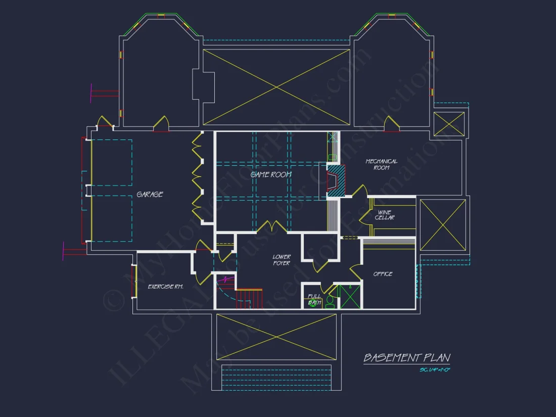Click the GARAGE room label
[x=150, y=194]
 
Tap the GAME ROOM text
[x=271, y=174]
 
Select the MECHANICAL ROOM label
[x=382, y=164]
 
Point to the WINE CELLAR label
[x=385, y=215]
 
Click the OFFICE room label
[x=383, y=274]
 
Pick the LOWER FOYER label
[x=282, y=260]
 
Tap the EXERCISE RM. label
[x=165, y=287]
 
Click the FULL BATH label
[x=314, y=300]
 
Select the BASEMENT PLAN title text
[x=406, y=358]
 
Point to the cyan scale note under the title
[x=435, y=370]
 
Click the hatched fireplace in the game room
[x=336, y=180]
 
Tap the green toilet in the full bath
[x=330, y=302]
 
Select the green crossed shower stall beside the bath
[x=350, y=297]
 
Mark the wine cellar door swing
[x=364, y=214]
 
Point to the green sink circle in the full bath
[x=313, y=304]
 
